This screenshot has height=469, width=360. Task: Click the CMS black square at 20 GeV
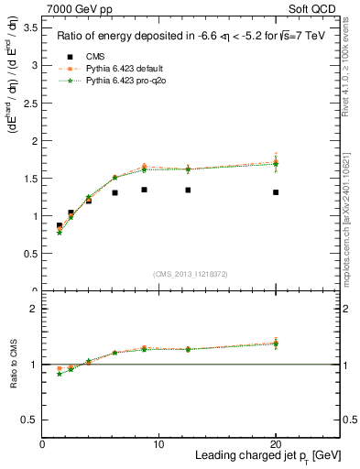[276, 192]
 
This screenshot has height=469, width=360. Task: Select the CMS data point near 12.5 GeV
[188, 191]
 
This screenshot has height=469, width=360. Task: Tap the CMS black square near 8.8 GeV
[145, 190]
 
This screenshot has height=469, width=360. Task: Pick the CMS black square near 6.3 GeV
[115, 192]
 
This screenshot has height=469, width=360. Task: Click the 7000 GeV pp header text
[72, 7]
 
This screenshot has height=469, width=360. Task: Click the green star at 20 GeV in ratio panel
[276, 344]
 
